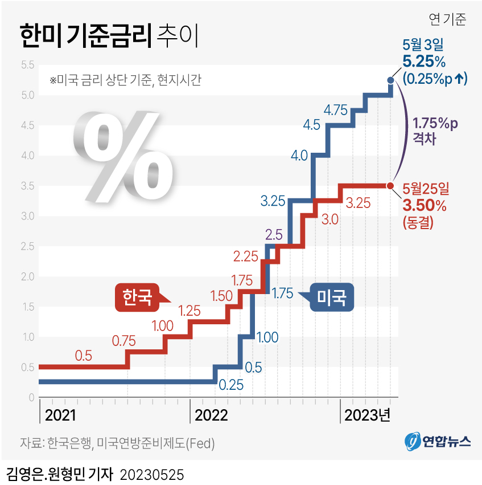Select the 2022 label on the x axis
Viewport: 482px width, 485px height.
pos(211,414)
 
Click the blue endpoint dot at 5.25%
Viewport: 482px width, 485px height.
pos(390,80)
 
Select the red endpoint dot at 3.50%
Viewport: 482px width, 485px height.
pos(390,186)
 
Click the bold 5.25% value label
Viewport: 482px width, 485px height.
pos(423,62)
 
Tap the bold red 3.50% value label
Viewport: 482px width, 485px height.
pos(424,205)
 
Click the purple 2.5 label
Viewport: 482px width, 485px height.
pos(274,234)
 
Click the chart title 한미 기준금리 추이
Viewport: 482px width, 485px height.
pos(109,36)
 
